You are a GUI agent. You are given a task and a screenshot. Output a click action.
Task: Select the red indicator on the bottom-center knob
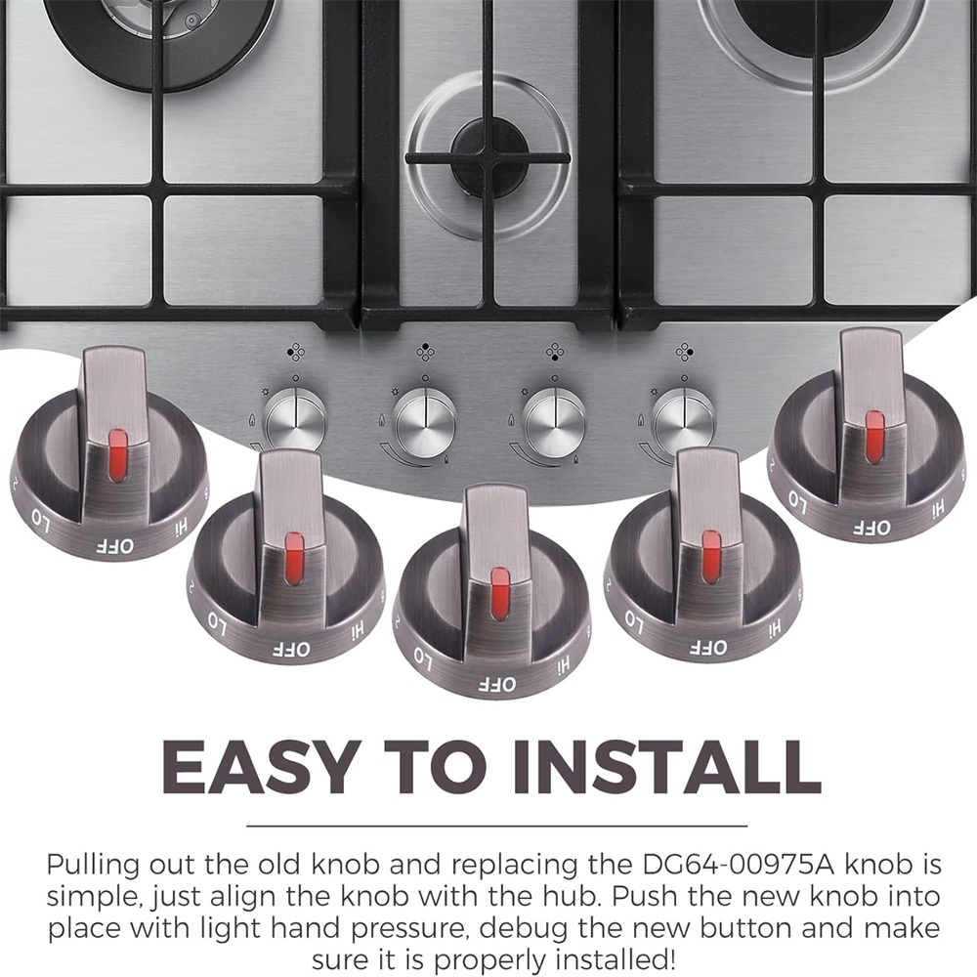(499, 593)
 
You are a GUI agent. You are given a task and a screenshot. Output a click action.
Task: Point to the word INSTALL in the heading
(666, 766)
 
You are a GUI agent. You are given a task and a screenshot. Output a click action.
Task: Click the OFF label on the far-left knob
(114, 546)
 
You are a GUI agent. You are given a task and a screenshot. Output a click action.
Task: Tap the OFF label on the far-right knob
(871, 528)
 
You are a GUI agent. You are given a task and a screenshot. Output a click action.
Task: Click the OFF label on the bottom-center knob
(497, 684)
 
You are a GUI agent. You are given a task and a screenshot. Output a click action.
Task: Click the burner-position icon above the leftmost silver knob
(295, 352)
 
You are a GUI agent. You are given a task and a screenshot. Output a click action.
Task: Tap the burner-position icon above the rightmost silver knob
(684, 352)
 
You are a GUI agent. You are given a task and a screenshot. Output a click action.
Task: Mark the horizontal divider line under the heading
(496, 826)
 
